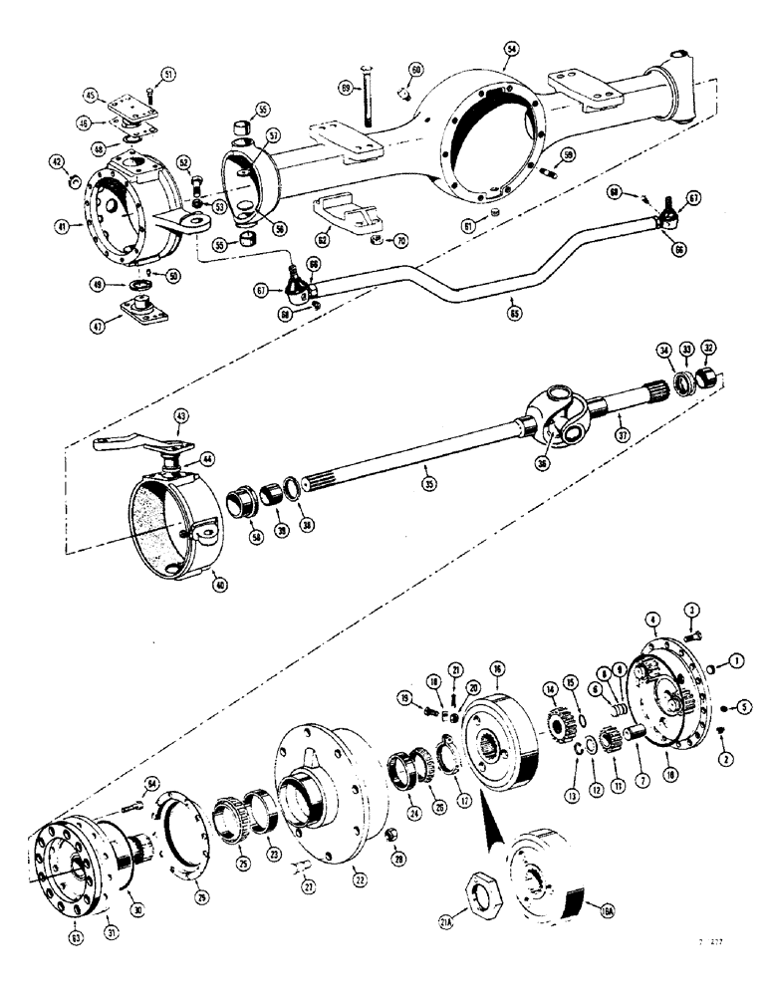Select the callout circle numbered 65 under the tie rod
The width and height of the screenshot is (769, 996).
point(515,313)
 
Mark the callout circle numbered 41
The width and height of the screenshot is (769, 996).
point(63,227)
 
